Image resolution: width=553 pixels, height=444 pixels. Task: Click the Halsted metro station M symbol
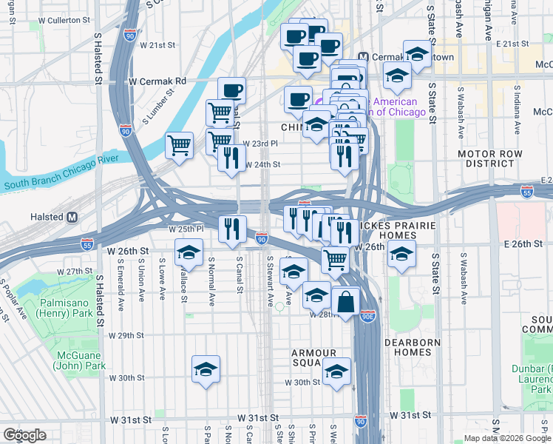72,218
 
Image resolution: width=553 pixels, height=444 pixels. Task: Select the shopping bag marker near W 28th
345,301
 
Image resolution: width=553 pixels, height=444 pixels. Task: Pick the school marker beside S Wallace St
189,252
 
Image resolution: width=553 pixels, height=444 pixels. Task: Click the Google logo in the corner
24,435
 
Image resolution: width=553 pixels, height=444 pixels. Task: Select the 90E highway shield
368,316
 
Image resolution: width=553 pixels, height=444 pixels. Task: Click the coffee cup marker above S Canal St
231,90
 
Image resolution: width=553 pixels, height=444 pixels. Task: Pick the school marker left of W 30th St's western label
206,369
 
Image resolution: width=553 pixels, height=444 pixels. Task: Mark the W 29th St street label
126,335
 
